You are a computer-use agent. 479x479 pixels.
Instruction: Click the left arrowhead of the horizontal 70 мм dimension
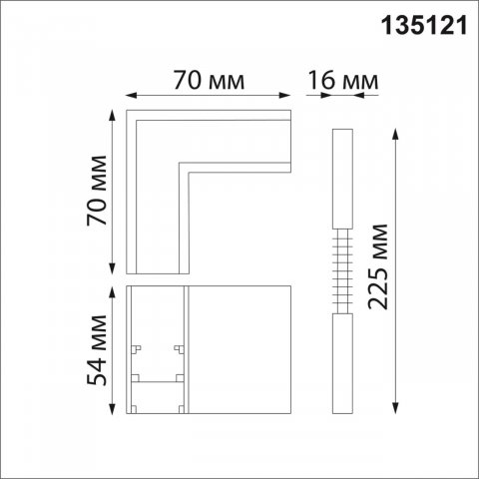[130, 97]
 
